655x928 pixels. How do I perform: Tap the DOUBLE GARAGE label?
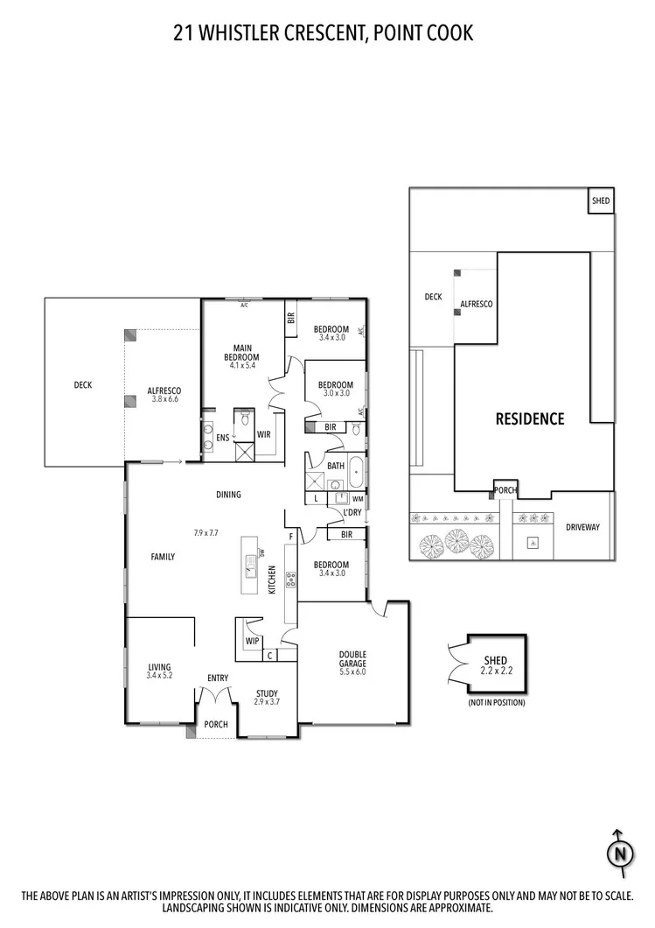[353, 660]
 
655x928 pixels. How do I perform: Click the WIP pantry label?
[253, 641]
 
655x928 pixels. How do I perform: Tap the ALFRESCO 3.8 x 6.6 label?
[164, 393]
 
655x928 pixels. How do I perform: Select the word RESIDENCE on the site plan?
[530, 418]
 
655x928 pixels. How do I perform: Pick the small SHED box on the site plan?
[601, 200]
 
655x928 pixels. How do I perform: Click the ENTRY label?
[217, 678]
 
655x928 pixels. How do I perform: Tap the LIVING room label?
[159, 667]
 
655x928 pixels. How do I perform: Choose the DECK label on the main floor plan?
[83, 384]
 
